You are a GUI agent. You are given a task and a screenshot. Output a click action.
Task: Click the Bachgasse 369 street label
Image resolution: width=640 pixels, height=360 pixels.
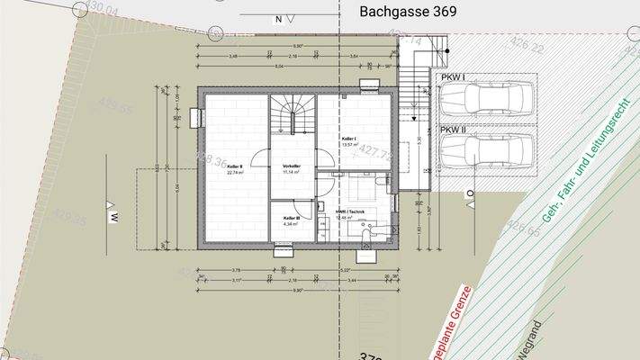coord(408,12)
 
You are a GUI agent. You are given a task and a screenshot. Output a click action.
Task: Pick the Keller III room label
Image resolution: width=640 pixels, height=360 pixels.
coord(291,219)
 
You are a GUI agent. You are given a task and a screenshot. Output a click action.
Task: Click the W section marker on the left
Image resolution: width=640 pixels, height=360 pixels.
coord(114,217)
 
